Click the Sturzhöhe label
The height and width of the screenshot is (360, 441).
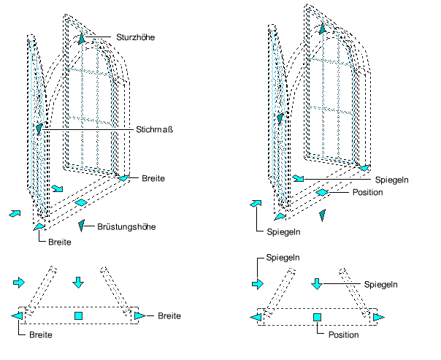pyautogui.click(x=135, y=37)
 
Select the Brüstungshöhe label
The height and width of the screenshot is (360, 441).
pyautogui.click(x=127, y=226)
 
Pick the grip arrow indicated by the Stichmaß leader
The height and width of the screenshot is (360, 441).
pyautogui.click(x=39, y=129)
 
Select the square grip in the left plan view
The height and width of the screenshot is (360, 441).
pyautogui.click(x=79, y=315)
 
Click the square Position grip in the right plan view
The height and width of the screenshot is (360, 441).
pyautogui.click(x=317, y=317)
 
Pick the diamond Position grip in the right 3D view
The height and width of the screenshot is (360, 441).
pyautogui.click(x=322, y=193)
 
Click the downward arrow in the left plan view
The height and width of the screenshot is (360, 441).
pyautogui.click(x=79, y=282)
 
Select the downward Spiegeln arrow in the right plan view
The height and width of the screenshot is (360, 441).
pyautogui.click(x=317, y=283)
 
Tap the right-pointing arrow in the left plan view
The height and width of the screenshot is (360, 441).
pyautogui.click(x=20, y=282)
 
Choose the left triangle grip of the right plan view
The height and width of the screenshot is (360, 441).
pyautogui.click(x=255, y=317)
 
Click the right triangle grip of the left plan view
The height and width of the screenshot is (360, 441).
pyautogui.click(x=139, y=315)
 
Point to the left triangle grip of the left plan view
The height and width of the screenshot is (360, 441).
pyautogui.click(x=17, y=315)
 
